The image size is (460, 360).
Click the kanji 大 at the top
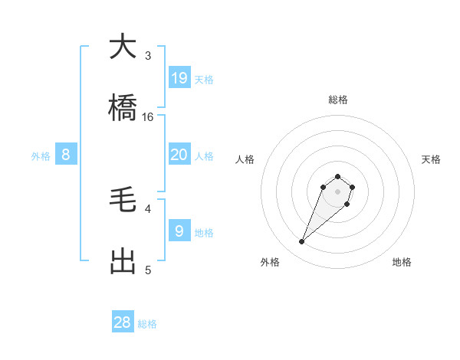click(123, 47)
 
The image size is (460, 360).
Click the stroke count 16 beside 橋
click(148, 117)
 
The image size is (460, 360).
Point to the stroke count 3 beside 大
click(148, 56)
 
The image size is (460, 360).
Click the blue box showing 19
click(179, 77)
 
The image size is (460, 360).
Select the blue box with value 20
click(179, 155)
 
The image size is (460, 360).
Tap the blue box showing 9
click(179, 231)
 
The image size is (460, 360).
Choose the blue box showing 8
click(66, 155)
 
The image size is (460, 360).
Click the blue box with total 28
click(123, 322)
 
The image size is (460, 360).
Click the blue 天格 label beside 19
click(204, 80)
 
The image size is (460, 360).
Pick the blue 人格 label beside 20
click(204, 156)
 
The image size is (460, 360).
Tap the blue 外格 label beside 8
click(41, 156)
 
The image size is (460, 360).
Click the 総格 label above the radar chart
click(338, 100)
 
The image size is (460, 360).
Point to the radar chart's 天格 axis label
click(431, 159)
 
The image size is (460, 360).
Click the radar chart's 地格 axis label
click(402, 262)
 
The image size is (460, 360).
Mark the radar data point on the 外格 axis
click(302, 242)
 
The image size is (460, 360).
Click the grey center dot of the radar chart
click(338, 191)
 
